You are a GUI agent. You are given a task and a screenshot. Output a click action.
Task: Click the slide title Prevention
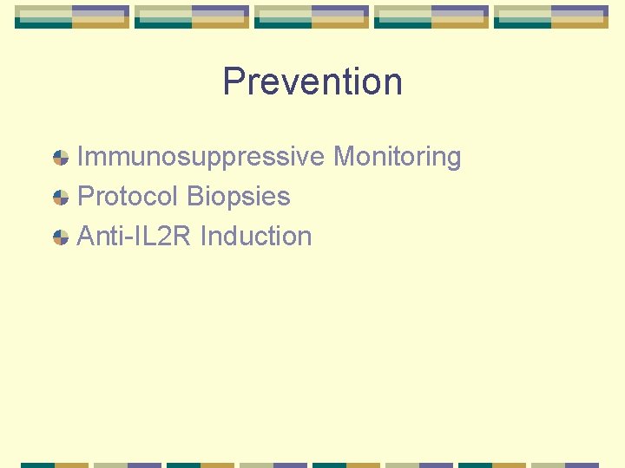(312, 81)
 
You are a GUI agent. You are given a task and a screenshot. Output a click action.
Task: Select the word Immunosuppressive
(201, 158)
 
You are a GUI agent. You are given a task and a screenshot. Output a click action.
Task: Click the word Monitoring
(397, 157)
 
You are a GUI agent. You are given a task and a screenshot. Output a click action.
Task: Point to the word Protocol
(128, 197)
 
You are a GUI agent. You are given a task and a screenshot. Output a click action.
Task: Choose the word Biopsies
(238, 197)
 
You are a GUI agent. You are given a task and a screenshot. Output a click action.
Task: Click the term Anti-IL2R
(135, 236)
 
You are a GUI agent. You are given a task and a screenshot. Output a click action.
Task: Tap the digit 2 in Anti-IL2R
(166, 236)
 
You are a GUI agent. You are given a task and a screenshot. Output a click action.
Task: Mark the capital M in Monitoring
(345, 157)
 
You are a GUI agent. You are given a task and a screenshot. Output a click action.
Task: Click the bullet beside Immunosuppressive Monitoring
(61, 158)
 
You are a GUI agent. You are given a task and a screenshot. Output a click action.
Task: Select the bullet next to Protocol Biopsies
(61, 198)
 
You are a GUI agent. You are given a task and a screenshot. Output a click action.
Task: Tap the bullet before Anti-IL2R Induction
(61, 237)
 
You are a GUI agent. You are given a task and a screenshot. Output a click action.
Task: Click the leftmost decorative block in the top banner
(72, 16)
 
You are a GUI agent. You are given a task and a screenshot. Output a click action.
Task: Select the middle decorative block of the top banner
(312, 16)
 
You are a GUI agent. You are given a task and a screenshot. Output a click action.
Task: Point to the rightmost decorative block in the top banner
(551, 16)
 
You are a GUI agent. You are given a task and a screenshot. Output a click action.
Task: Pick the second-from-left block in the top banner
(192, 16)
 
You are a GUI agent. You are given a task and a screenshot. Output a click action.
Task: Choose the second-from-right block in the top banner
(431, 16)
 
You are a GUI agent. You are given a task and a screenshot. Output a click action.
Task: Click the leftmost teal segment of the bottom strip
(37, 465)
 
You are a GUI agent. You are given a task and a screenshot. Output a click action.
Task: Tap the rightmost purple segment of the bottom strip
(582, 465)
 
